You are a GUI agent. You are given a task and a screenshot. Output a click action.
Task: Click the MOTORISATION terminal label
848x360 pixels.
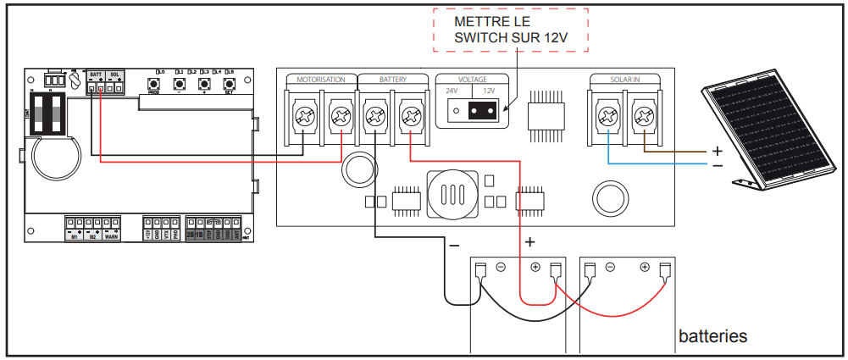tap(320, 80)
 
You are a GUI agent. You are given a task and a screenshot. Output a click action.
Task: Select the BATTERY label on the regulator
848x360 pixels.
tap(392, 80)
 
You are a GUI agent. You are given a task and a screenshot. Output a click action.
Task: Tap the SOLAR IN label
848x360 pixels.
tap(625, 80)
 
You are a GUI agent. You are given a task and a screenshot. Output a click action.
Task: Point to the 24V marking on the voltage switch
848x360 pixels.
tap(452, 91)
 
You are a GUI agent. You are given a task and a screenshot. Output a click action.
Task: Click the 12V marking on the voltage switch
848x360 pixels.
tap(489, 91)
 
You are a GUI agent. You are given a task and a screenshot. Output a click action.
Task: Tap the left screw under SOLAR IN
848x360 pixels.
tap(607, 114)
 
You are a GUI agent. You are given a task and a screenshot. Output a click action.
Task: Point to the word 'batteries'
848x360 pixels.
tap(712, 336)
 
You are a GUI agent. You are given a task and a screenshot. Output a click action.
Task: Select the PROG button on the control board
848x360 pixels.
tap(154, 85)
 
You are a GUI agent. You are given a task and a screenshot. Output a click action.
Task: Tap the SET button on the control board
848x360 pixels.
tap(228, 85)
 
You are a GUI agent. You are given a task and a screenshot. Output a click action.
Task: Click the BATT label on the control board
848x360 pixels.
tap(96, 75)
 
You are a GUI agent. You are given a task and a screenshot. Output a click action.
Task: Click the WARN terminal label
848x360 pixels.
tap(111, 237)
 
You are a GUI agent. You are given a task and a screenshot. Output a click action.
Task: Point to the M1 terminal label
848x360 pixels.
tap(75, 237)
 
